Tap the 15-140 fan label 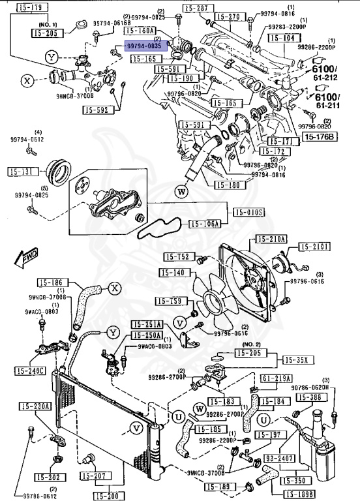pyautogui.click(x=173, y=273)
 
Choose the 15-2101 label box pyautogui.click(x=316, y=247)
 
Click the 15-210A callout pyautogui.click(x=271, y=239)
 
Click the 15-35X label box pyautogui.click(x=298, y=359)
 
